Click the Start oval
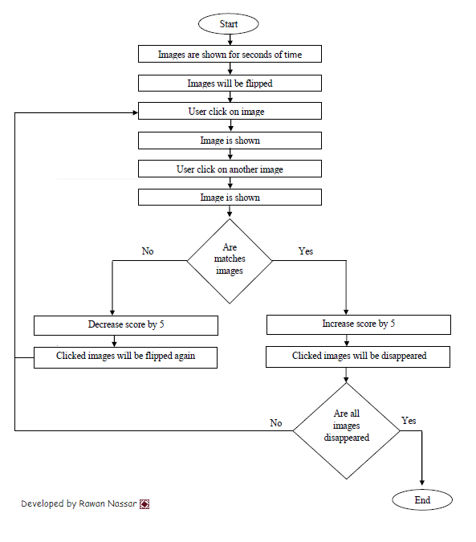click(x=228, y=24)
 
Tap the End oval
click(x=422, y=499)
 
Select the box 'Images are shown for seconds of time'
click(x=230, y=54)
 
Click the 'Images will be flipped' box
click(x=230, y=83)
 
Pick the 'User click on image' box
click(x=230, y=111)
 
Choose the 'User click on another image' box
click(x=230, y=169)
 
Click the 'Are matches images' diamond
click(x=230, y=261)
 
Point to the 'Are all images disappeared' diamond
click(x=347, y=430)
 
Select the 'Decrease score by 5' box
click(x=126, y=325)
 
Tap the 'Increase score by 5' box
click(x=359, y=324)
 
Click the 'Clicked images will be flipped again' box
click(x=125, y=357)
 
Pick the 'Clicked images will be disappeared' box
click(x=358, y=357)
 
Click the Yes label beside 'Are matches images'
click(x=306, y=251)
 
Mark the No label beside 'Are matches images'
click(x=148, y=251)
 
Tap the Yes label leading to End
click(x=409, y=421)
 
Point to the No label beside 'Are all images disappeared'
click(x=276, y=422)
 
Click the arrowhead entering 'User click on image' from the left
click(x=136, y=112)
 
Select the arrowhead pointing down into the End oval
click(x=421, y=483)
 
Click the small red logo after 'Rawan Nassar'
click(x=144, y=504)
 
